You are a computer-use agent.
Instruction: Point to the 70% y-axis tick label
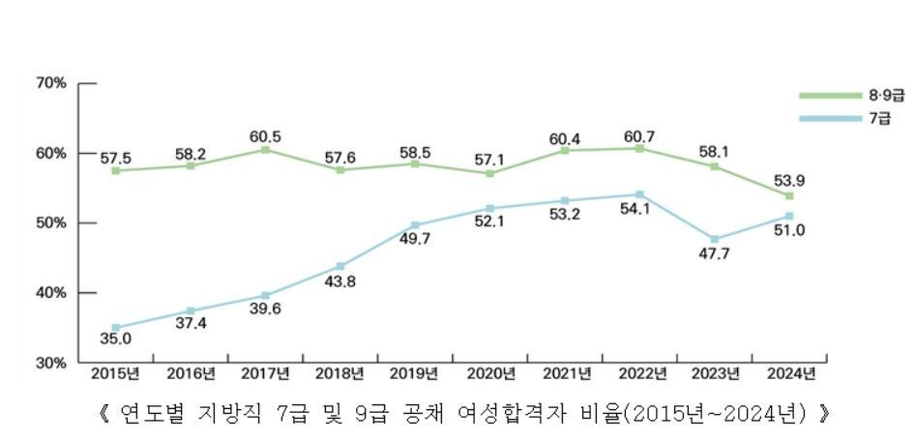click(x=50, y=83)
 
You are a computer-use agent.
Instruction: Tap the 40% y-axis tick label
click(x=50, y=293)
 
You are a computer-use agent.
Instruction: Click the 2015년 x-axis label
click(x=114, y=373)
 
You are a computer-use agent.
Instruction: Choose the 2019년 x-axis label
click(x=414, y=373)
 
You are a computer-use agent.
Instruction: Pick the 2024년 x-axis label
click(x=789, y=373)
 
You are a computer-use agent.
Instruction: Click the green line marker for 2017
click(x=265, y=150)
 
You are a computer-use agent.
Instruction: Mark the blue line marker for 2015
click(x=115, y=328)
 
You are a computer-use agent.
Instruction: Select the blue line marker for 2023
click(x=714, y=239)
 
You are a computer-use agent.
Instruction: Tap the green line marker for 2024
click(x=789, y=195)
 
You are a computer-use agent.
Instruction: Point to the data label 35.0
click(x=115, y=339)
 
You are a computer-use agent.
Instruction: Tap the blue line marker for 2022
click(x=639, y=194)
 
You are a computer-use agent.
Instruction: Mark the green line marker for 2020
click(x=489, y=173)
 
